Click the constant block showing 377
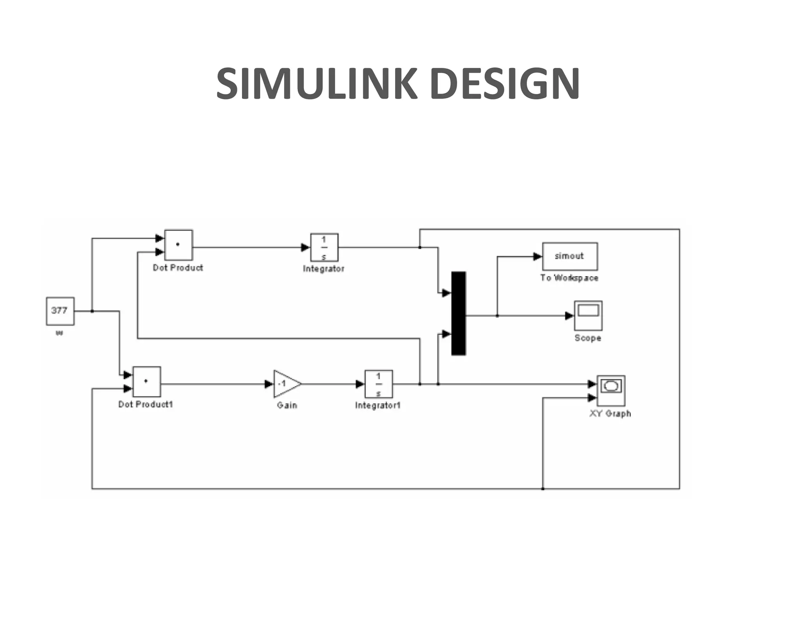pyautogui.click(x=60, y=311)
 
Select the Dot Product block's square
pyautogui.click(x=178, y=245)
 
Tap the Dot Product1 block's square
pyautogui.click(x=147, y=381)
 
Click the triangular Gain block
pyautogui.click(x=286, y=384)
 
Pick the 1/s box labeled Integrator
pyautogui.click(x=324, y=247)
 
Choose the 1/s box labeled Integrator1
pyautogui.click(x=378, y=384)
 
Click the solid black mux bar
pyautogui.click(x=458, y=313)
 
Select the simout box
pyautogui.click(x=569, y=256)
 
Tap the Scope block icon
pyautogui.click(x=588, y=315)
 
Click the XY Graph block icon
pyautogui.click(x=611, y=390)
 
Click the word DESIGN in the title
pyautogui.click(x=505, y=84)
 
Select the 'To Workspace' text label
pyautogui.click(x=569, y=278)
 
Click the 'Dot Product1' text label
pyautogui.click(x=145, y=404)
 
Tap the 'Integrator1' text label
pyautogui.click(x=378, y=406)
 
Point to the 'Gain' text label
pyautogui.click(x=287, y=406)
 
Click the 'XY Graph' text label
pyautogui.click(x=610, y=414)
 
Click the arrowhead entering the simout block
pyautogui.click(x=538, y=257)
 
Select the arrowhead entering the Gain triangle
pyautogui.click(x=269, y=384)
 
